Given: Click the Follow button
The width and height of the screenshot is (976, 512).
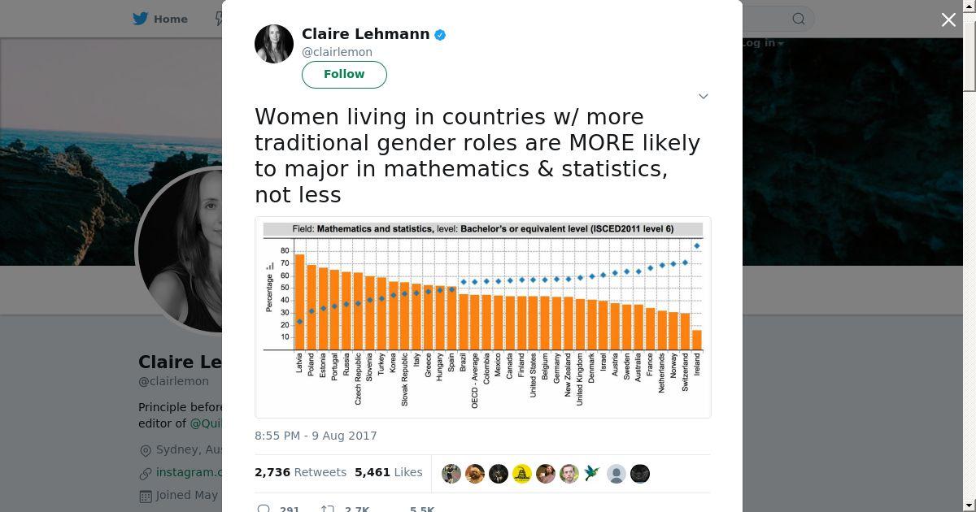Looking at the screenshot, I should pos(344,74).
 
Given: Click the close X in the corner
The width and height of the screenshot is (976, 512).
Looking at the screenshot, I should pos(948,20).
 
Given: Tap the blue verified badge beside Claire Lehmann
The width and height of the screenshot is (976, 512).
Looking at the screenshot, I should pos(440,35).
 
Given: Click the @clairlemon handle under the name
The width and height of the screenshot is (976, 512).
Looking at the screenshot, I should pos(337,52).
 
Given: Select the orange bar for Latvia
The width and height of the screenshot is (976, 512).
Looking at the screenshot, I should pos(299,302).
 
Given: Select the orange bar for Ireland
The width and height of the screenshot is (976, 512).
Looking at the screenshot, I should pos(697,340).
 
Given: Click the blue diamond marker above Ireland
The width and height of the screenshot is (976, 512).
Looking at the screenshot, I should pos(697,245).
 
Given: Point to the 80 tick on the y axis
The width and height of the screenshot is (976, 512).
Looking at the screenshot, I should pos(285,250).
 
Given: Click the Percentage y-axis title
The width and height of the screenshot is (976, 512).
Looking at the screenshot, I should pos(269,293).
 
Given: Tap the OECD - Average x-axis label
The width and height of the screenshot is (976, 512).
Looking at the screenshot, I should pos(475,380).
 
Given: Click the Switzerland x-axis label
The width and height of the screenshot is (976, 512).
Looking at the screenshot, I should pos(686,372).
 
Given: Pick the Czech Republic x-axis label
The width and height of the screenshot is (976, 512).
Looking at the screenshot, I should pos(358,379).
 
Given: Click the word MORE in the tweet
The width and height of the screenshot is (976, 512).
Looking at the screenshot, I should pos(601,143).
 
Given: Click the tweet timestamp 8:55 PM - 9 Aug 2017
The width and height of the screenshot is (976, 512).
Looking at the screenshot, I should pos(316,436).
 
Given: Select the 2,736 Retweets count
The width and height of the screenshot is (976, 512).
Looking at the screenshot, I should pos(300,472).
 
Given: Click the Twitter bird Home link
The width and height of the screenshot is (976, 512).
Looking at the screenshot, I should pos(160,19).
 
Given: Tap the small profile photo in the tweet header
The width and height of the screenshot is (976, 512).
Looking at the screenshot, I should pos(274,44).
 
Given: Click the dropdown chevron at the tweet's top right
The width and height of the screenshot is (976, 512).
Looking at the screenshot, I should pos(704,96).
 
